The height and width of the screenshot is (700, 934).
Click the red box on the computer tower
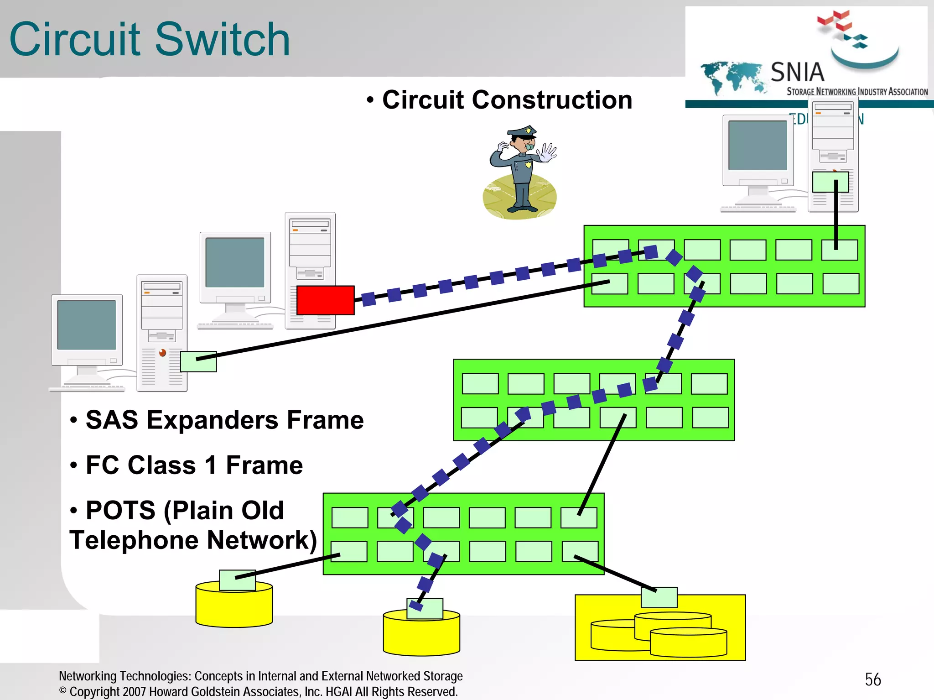coord(325,300)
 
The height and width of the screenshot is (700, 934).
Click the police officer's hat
coord(523,132)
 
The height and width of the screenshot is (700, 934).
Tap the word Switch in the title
coord(222,40)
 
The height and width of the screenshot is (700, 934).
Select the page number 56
coord(872,679)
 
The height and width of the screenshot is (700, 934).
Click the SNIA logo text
coord(797,72)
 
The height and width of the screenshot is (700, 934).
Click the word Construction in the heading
coord(552,100)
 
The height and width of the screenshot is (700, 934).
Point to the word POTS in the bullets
coord(120,510)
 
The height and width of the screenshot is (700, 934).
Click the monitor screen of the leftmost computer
coord(86,324)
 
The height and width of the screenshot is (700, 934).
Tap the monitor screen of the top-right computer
coord(758,145)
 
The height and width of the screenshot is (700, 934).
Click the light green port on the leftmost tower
coord(198,361)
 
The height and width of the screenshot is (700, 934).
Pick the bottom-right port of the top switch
coord(841,283)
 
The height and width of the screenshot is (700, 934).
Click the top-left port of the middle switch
coord(480,383)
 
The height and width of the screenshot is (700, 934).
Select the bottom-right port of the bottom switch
coord(580,551)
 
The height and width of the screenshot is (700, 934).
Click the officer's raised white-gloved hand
coord(547,152)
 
